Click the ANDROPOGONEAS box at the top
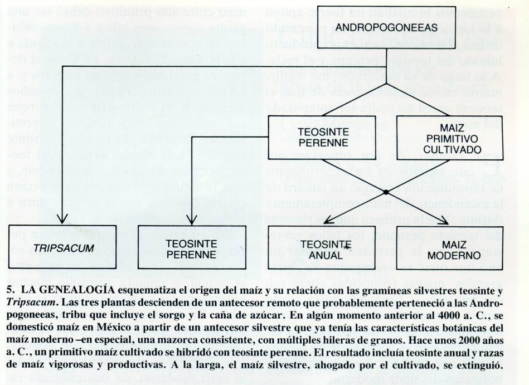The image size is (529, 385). (386, 27)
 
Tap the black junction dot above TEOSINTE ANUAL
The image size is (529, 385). (385, 192)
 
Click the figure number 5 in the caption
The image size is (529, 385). (12, 291)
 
